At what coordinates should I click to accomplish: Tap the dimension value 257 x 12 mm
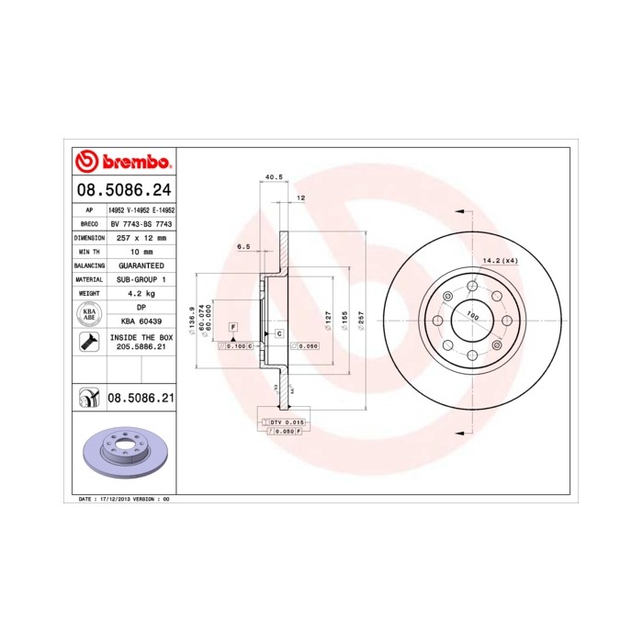(x=142, y=237)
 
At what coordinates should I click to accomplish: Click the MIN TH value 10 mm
(x=142, y=251)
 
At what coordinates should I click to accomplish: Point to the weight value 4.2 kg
(x=142, y=293)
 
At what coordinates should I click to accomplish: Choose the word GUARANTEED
(x=142, y=265)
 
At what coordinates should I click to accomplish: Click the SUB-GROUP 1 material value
(x=142, y=278)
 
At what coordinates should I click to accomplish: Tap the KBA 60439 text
(x=142, y=321)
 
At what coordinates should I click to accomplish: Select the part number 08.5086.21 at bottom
(x=141, y=398)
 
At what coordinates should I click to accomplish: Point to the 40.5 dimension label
(x=272, y=176)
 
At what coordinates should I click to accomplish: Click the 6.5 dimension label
(x=244, y=246)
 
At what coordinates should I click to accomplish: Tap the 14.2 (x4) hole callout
(x=500, y=260)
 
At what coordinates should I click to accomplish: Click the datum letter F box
(x=233, y=327)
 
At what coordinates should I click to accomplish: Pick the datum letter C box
(x=278, y=333)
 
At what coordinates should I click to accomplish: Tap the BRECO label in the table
(x=90, y=223)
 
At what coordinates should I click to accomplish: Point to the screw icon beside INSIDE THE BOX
(x=90, y=343)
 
